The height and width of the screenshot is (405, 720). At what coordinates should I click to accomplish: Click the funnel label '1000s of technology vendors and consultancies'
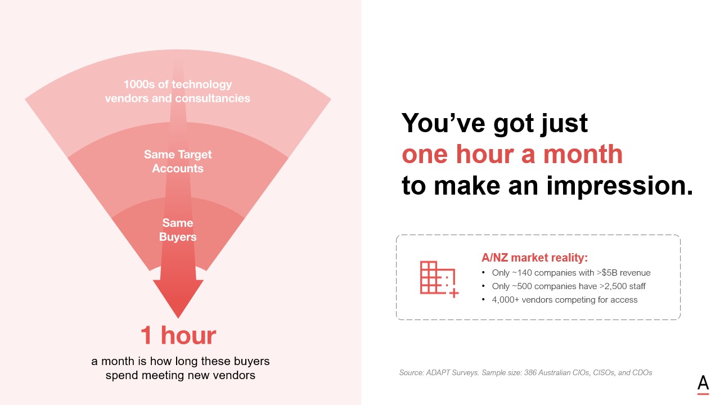point(178,91)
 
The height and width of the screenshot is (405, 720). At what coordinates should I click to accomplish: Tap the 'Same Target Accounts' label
point(178,161)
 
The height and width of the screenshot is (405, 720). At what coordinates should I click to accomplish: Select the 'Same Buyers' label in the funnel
point(178,230)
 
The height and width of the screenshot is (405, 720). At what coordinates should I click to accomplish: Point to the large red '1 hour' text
point(178,335)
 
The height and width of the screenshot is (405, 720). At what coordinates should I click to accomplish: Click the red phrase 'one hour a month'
point(512,154)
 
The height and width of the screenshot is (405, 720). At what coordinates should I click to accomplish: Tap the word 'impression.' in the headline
point(620,186)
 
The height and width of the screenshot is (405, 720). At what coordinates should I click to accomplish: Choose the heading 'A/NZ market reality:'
point(534,258)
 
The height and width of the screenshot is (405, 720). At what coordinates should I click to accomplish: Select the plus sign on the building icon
point(454,293)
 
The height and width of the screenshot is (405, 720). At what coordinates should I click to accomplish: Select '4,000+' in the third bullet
point(506,300)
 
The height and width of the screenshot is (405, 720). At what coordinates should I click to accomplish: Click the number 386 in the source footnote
point(530,373)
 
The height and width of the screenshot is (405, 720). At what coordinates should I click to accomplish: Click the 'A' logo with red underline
point(703,385)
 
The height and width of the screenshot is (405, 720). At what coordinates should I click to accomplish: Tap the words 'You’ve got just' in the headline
point(495,123)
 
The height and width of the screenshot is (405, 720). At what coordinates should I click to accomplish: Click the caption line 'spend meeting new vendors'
point(181,375)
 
